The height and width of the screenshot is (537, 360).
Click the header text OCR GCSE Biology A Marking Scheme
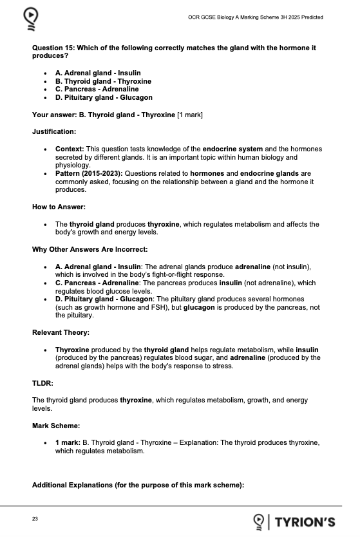252,17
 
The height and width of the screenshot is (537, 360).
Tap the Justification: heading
54,131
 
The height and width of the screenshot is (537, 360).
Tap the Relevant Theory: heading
61,333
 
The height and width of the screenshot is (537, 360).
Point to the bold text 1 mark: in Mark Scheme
69,443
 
